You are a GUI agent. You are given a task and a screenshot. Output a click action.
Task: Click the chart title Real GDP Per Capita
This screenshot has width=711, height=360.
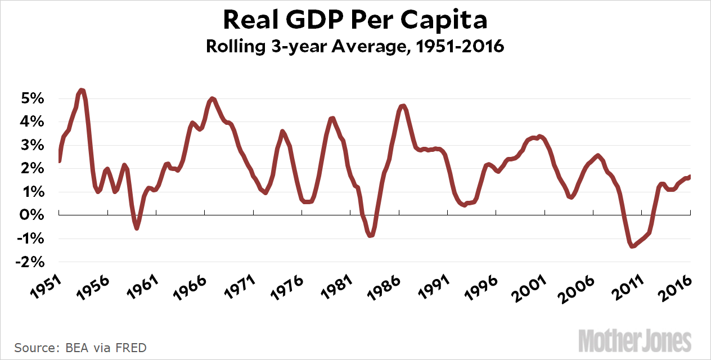tap(355, 21)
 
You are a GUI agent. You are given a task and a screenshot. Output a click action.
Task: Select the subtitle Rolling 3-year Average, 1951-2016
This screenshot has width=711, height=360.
tap(355, 47)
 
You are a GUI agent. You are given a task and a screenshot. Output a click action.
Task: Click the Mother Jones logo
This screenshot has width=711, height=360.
tap(642, 340)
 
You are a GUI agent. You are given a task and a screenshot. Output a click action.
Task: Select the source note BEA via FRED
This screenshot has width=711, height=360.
tap(80, 348)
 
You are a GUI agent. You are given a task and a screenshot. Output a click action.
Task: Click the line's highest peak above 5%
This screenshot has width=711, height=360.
tap(82, 90)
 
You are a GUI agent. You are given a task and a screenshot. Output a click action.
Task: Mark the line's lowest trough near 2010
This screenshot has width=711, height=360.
tap(632, 246)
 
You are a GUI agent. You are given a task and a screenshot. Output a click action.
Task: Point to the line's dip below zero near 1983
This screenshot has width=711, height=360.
tap(370, 235)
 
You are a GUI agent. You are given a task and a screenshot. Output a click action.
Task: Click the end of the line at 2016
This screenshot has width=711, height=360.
tap(689, 177)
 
